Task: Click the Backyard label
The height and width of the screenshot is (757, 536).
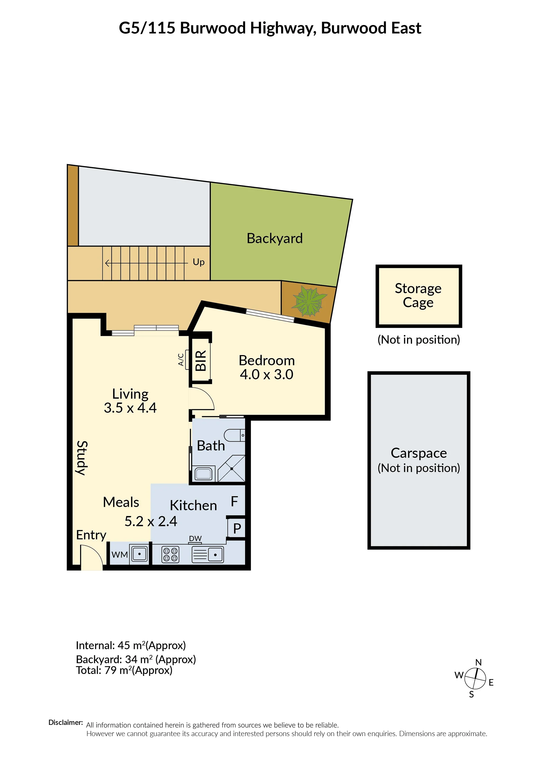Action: pos(275,239)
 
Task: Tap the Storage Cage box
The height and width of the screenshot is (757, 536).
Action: pos(418,296)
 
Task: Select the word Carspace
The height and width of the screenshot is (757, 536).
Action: pos(418,453)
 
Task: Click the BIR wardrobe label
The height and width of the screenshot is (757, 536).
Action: pos(201,361)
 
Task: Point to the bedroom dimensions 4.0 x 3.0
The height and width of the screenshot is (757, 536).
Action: pos(266,375)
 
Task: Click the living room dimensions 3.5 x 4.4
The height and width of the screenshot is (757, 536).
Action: pos(130,408)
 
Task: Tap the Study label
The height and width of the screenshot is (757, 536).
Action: pos(82,458)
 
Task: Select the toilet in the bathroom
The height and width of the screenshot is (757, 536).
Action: pos(234,435)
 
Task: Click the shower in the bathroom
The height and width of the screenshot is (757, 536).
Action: pos(231,469)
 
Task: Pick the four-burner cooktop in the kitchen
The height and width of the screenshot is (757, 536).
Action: pos(170,554)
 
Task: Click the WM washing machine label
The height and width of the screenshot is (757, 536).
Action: pos(119,555)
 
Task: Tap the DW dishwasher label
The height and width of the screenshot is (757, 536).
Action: pos(195,538)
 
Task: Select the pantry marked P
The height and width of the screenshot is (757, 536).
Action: pos(237,529)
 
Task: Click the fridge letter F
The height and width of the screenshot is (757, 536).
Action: pos(234,502)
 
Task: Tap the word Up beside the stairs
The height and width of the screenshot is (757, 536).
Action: pos(198,262)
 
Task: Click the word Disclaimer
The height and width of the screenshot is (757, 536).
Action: pos(65,722)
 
